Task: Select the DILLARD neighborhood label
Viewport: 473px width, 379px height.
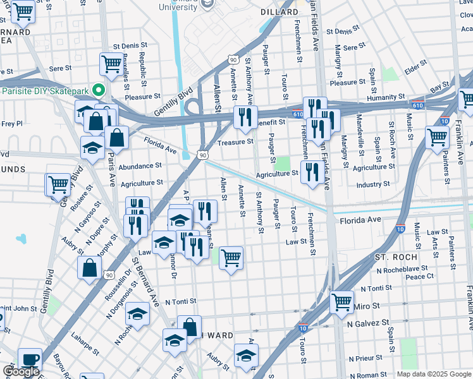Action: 279,12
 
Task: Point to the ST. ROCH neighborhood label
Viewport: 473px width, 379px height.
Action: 396,258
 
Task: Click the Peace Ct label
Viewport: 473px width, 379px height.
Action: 420,277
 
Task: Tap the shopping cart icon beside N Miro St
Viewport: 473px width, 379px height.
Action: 341,302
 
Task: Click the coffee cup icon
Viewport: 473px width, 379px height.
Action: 30,359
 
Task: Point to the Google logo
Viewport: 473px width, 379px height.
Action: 21,372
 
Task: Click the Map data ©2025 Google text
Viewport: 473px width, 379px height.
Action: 434,374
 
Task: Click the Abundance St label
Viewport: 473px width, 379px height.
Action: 140,166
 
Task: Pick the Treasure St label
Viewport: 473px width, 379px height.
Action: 235,142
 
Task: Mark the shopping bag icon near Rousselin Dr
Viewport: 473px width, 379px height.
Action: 89,267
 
